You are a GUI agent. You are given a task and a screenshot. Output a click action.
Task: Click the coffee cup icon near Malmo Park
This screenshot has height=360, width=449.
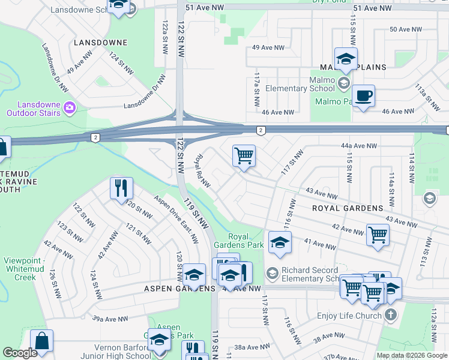point(363,96)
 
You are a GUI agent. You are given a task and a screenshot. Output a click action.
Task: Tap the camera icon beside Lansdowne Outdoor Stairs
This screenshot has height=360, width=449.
point(70,108)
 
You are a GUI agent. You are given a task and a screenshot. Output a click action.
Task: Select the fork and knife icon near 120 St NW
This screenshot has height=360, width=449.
point(121,188)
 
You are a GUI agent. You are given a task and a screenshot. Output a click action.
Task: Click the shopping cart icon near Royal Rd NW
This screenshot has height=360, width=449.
point(244,156)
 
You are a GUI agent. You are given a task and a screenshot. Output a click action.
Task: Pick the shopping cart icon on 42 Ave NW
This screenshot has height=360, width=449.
point(378,234)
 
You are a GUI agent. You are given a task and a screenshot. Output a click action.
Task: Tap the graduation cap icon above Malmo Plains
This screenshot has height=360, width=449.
point(346,59)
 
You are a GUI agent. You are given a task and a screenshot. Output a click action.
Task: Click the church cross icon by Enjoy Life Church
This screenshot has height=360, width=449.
point(390,315)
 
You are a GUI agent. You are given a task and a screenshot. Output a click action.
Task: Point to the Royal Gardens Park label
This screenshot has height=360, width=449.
point(238,240)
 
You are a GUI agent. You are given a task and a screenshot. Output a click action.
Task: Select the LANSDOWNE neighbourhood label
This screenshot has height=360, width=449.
point(100,43)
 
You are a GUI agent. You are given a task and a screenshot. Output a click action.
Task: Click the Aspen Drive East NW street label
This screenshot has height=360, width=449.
point(175,219)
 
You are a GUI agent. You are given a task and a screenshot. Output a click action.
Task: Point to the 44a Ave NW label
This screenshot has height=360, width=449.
point(358,146)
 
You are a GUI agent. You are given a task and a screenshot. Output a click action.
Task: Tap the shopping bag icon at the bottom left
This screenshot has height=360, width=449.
point(41,340)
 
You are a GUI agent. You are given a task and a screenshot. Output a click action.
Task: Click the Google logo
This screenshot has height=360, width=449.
point(20,353)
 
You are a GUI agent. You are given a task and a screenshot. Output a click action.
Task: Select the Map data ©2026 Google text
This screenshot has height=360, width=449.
point(412,355)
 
